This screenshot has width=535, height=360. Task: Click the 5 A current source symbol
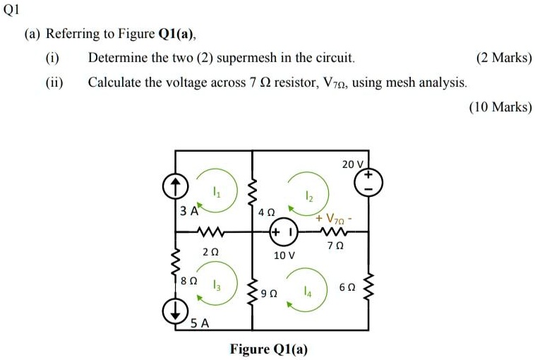(175, 310)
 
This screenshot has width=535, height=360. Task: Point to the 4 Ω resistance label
(266, 212)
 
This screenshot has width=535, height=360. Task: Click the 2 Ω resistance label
(209, 251)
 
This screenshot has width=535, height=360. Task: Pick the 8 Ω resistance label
(189, 280)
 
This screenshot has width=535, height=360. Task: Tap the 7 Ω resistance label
(335, 246)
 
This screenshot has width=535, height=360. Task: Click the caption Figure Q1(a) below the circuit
(269, 349)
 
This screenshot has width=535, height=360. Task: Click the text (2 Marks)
(504, 57)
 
